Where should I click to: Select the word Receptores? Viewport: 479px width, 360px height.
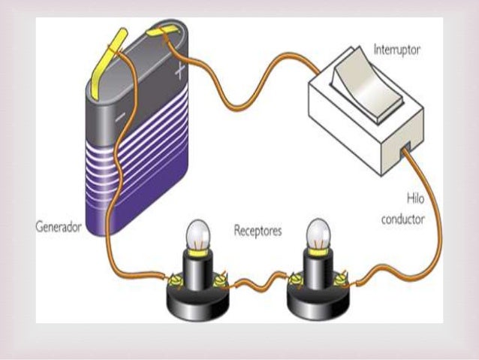(x=258, y=231)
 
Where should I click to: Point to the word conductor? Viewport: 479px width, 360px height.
(x=402, y=220)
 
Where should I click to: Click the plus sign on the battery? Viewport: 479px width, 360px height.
(x=179, y=72)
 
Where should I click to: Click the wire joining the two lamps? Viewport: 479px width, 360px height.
(x=255, y=284)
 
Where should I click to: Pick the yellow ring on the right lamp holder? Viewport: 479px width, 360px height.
(x=318, y=253)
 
